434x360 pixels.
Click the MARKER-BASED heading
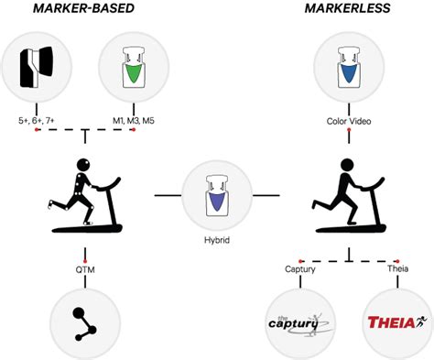pyautogui.click(x=83, y=11)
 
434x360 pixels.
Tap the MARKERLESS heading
pyautogui.click(x=348, y=11)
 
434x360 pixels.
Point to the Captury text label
pyautogui.click(x=301, y=269)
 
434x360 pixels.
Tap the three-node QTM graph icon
pyautogui.click(x=85, y=321)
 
